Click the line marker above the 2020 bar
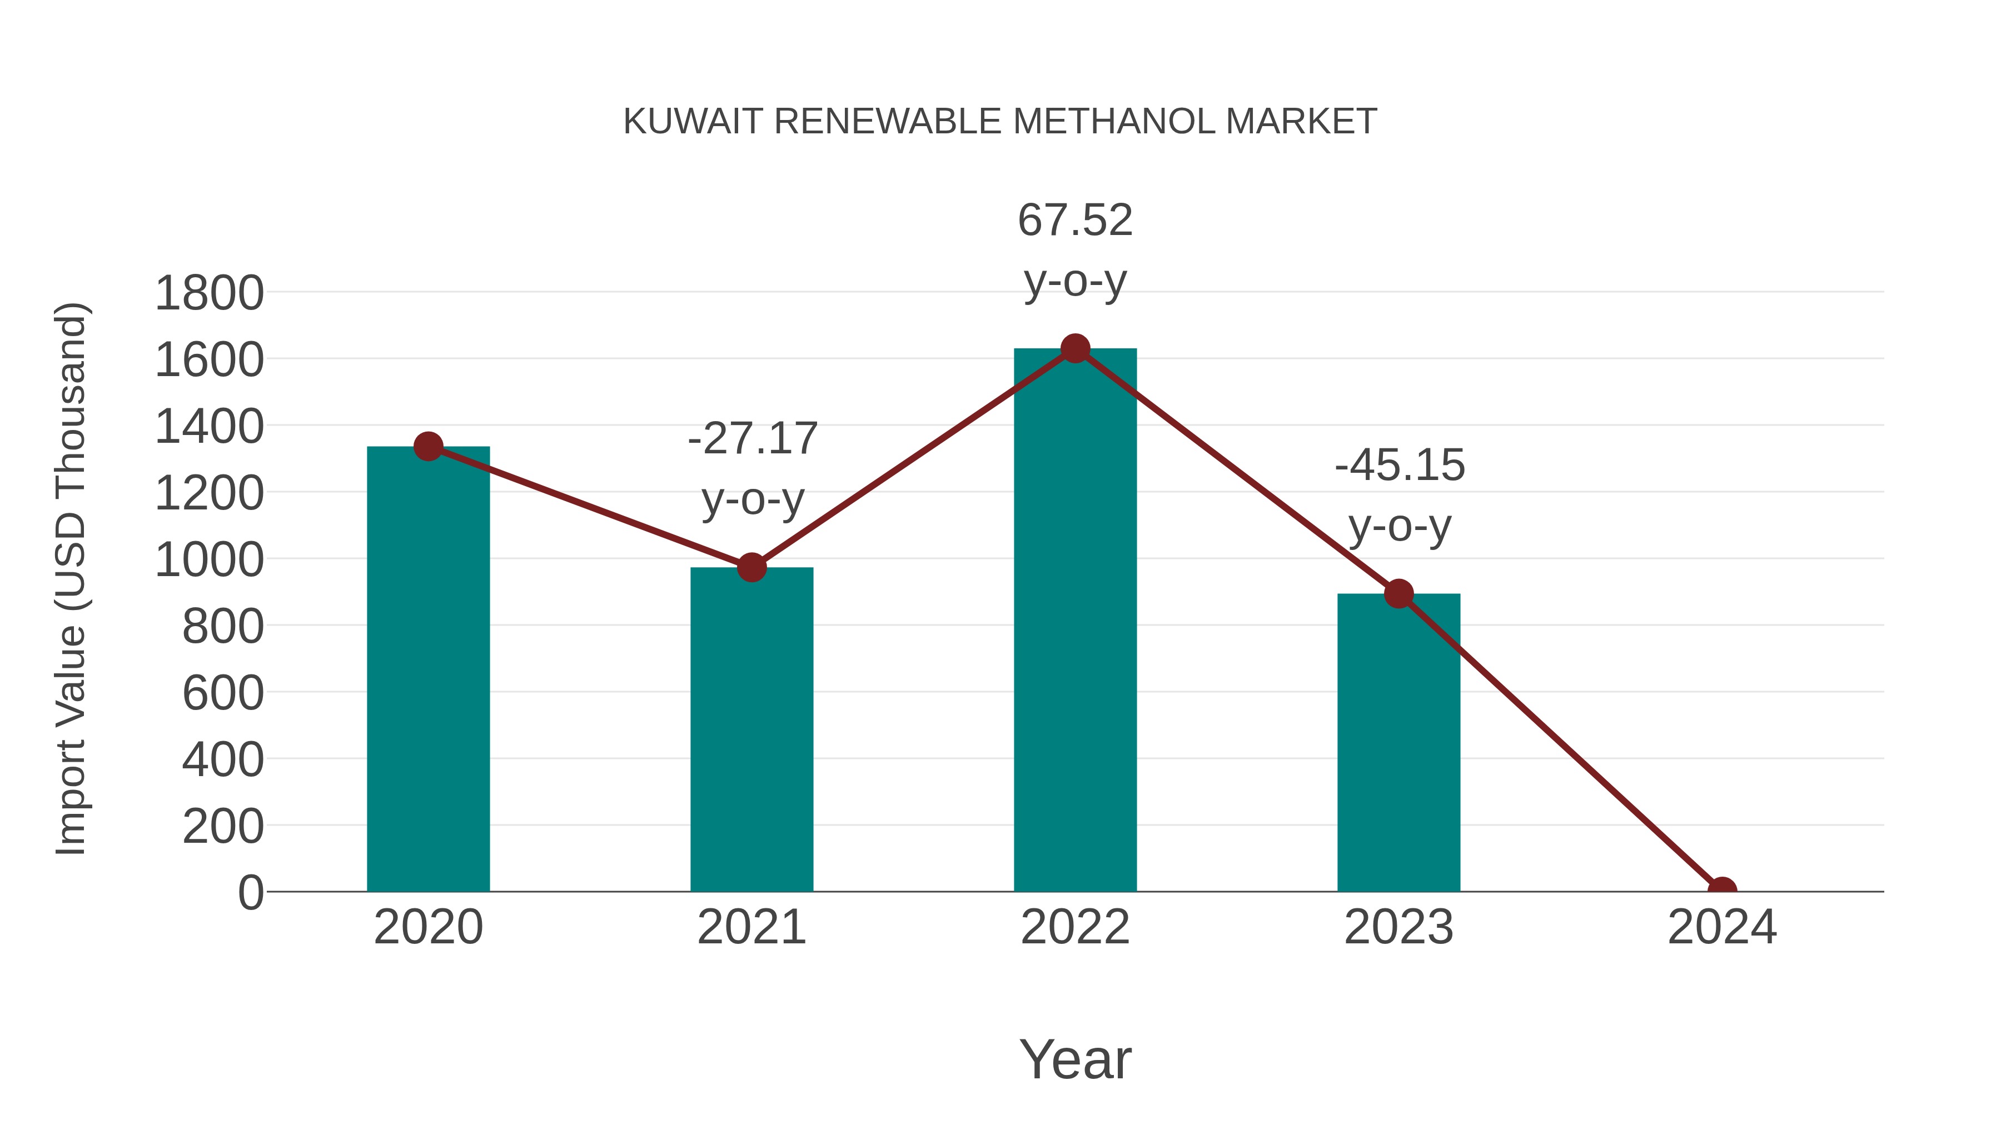point(428,447)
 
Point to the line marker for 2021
point(751,568)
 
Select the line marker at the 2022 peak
point(1075,348)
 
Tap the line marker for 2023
point(1398,594)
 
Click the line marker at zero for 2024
point(1722,890)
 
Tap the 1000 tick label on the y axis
point(209,560)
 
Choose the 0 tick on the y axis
point(250,893)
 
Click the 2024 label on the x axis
point(1722,927)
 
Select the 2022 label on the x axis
point(1075,927)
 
